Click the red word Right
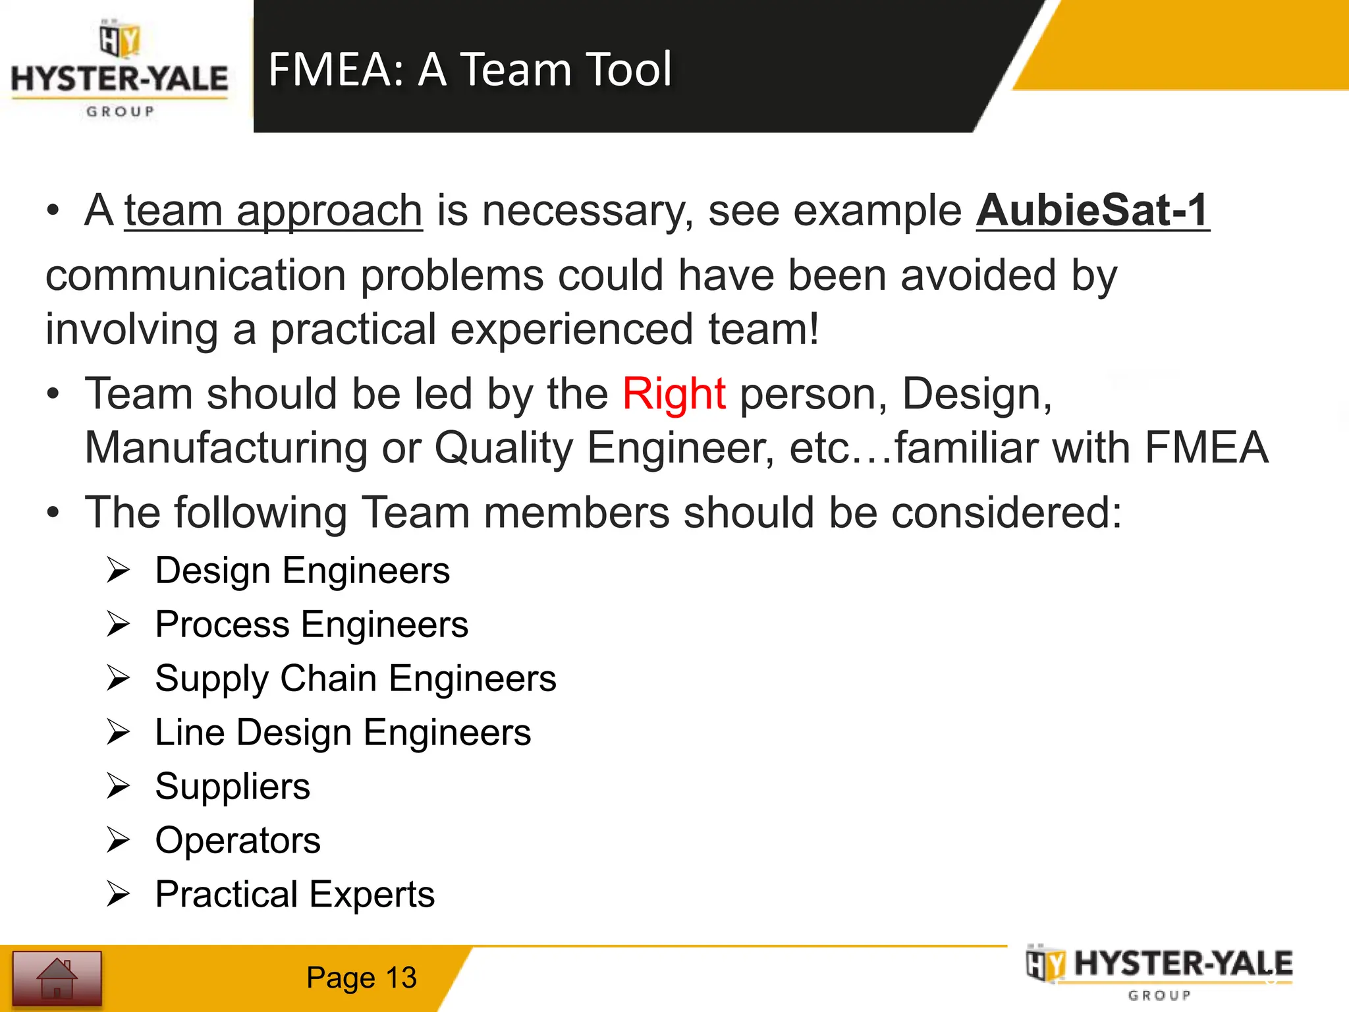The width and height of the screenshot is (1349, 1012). point(674,394)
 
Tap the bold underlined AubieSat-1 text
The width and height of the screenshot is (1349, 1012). point(1092,211)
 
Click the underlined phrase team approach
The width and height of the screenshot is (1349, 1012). point(273,211)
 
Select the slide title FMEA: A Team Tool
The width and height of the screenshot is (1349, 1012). point(470,69)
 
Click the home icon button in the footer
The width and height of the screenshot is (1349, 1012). point(57,978)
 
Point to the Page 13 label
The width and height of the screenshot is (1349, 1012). point(361,978)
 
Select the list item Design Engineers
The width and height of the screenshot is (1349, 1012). point(302,571)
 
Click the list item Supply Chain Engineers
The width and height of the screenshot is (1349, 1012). point(356,679)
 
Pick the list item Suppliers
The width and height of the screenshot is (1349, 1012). point(233,787)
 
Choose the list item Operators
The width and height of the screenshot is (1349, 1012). point(238,841)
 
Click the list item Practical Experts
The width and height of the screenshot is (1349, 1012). point(294,895)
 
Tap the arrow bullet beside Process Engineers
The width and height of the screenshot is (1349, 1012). point(119,624)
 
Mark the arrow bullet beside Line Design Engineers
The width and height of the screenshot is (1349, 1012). point(119,732)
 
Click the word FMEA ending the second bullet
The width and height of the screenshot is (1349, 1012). point(1206,448)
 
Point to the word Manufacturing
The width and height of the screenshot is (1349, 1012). point(226,448)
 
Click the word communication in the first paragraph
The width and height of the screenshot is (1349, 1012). point(196,275)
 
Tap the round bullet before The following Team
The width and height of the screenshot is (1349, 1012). point(53,513)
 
